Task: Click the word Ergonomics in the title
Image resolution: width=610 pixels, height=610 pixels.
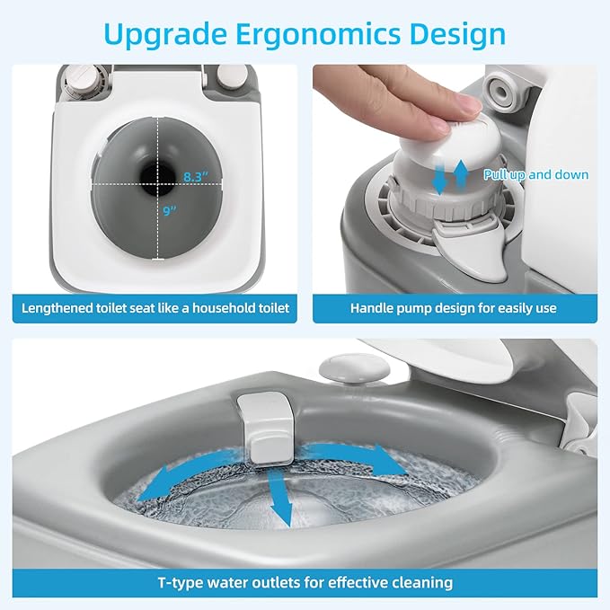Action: tap(318, 35)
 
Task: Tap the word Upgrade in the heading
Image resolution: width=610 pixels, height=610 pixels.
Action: tap(165, 35)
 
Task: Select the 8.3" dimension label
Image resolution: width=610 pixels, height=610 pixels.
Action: tap(196, 177)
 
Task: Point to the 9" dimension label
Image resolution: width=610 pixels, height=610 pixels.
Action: tap(170, 211)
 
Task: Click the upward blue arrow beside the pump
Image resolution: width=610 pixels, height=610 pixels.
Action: tap(461, 174)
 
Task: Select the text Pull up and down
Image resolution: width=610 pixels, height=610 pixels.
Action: tap(536, 174)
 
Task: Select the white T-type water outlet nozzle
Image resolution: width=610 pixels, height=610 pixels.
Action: tap(267, 428)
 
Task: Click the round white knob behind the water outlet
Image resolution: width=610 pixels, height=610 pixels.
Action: tap(354, 367)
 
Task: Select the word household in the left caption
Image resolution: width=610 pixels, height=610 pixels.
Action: tap(224, 308)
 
